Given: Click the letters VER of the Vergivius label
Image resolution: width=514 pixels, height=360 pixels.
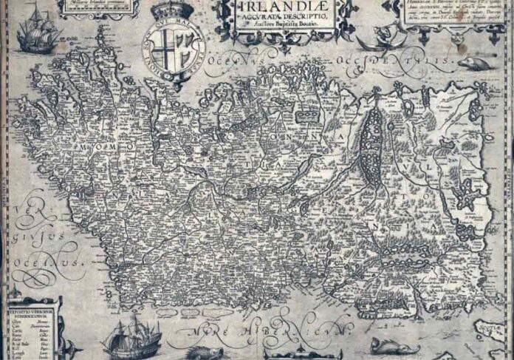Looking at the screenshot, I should pos(26,202).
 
